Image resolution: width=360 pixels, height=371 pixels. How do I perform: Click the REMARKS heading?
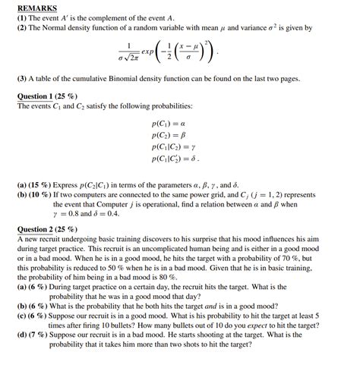37,8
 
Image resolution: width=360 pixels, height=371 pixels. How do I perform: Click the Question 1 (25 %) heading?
46,96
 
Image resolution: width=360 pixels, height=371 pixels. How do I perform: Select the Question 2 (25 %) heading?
47,228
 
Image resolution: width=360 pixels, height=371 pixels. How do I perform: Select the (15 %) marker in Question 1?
41,184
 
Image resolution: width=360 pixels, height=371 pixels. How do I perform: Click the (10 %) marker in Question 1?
41,194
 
